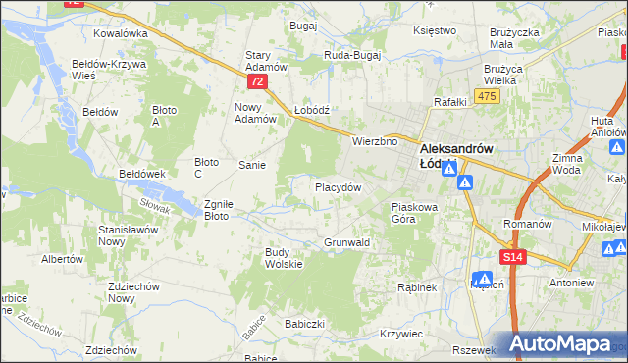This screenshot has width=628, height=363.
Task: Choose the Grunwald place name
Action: (x=346, y=241)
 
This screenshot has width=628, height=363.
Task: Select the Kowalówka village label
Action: (x=121, y=32)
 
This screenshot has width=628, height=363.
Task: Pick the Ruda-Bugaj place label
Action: (x=352, y=56)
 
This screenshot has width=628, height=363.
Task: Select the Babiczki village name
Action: (x=304, y=323)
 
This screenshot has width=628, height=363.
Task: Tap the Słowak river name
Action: (x=154, y=204)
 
